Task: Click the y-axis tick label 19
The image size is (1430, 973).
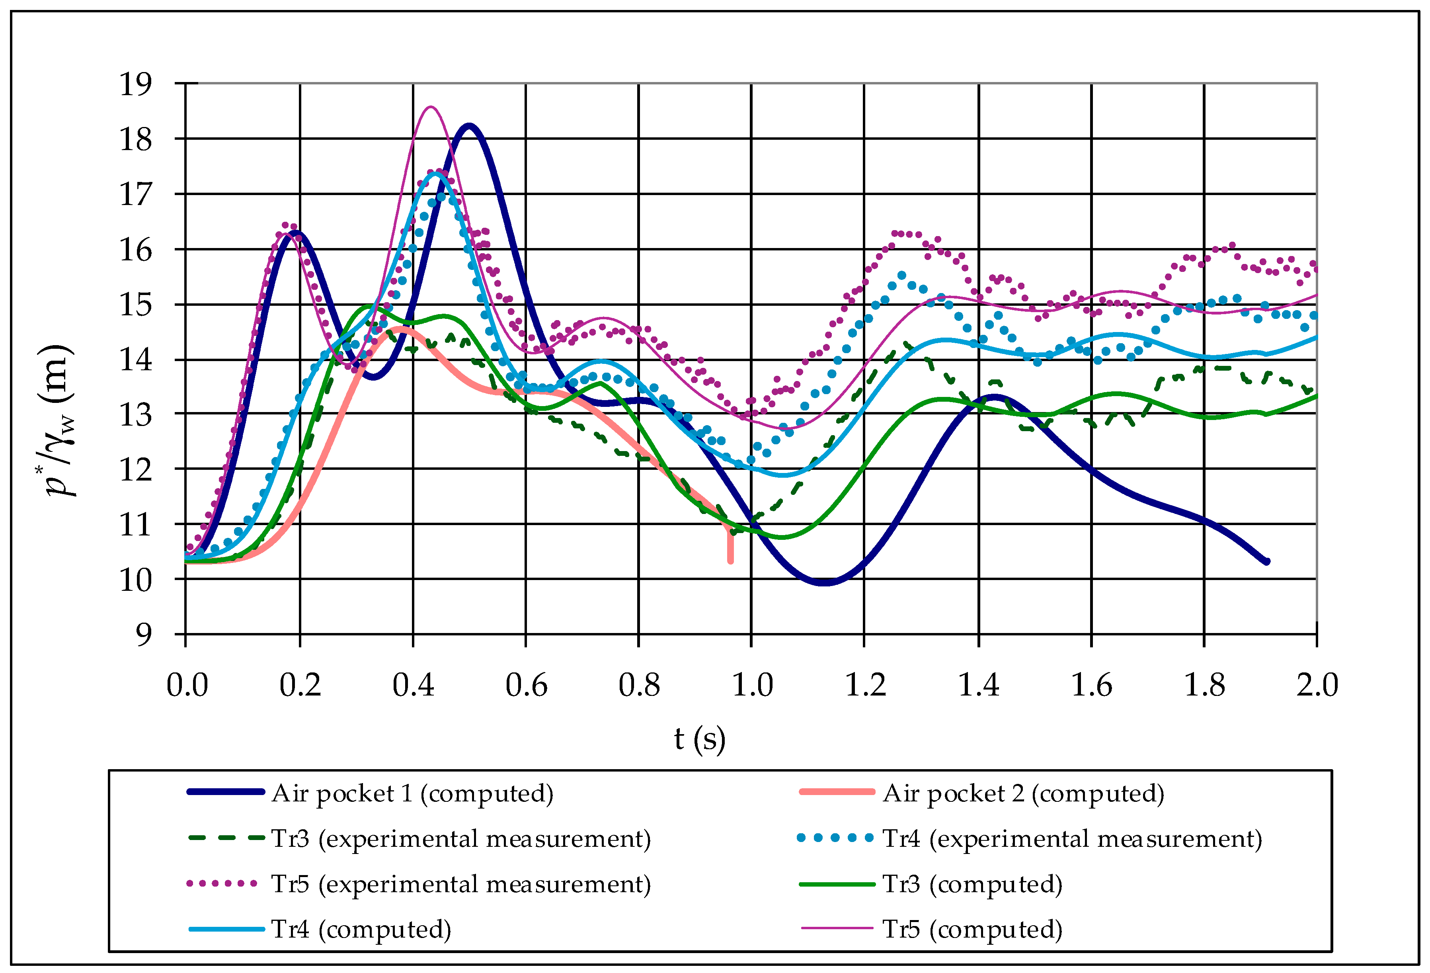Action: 135,84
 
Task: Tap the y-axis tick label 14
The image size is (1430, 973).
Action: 135,360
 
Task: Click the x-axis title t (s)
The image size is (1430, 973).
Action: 700,739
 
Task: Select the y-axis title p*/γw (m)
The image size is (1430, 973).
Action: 60,420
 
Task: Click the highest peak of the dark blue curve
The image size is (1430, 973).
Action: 470,127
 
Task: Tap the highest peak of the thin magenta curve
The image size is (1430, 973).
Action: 431,107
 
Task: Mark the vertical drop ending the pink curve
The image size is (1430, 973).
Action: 730,547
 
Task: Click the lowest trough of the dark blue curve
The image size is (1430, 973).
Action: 825,582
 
